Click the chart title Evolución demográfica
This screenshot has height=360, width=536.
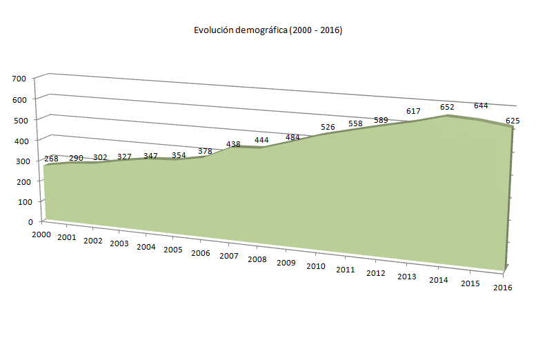click(x=268, y=30)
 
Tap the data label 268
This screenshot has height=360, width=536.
click(x=51, y=159)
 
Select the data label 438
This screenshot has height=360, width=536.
click(x=234, y=145)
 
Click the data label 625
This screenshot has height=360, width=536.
click(x=513, y=121)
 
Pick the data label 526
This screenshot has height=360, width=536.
click(x=329, y=127)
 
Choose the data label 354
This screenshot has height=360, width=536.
click(x=179, y=155)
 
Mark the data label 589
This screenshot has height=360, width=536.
click(x=381, y=120)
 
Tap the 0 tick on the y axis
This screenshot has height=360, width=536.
click(x=30, y=222)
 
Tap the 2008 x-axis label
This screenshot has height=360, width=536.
click(x=257, y=259)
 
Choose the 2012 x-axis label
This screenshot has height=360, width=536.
click(x=375, y=273)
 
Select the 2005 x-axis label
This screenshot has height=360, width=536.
click(x=172, y=249)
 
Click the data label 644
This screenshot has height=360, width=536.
click(x=481, y=106)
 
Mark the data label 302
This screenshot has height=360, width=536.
click(x=100, y=157)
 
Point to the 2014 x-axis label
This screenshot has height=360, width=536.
click(x=439, y=281)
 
